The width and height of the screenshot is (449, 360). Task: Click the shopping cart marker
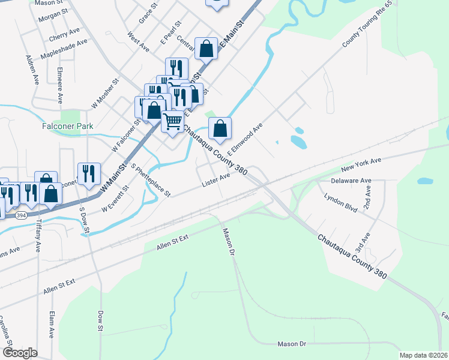click(173, 122)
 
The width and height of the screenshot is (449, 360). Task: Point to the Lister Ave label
click(216, 178)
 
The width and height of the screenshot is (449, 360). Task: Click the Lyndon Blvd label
click(340, 203)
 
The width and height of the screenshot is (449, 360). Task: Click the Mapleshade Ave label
click(64, 49)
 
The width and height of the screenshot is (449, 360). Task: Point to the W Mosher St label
click(106, 94)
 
